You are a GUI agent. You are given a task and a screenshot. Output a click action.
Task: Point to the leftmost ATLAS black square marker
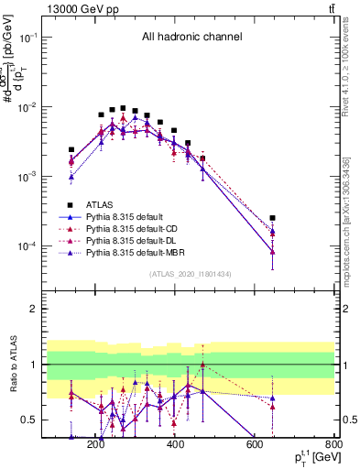coord(71,149)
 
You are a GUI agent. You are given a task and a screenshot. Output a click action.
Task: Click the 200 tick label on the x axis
coord(96,446)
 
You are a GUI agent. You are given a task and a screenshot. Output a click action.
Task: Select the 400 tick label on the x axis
coord(174,446)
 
